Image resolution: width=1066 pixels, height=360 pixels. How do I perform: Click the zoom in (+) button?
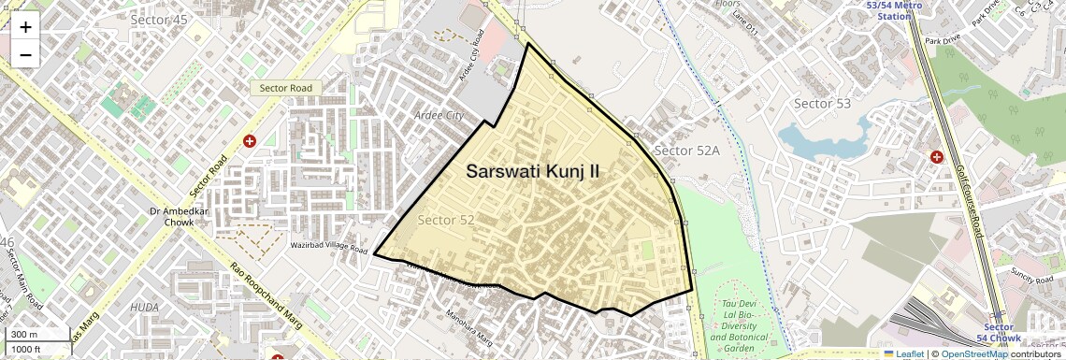pyautogui.click(x=25, y=27)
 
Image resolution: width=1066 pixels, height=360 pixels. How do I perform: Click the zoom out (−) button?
pyautogui.click(x=25, y=55)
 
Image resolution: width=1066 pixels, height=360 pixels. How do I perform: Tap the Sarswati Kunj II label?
pyautogui.click(x=533, y=172)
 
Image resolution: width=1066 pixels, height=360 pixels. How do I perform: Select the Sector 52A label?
pyautogui.click(x=687, y=151)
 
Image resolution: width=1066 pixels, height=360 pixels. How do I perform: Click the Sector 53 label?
pyautogui.click(x=822, y=103)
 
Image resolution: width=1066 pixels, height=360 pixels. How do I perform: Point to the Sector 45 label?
pyautogui.click(x=159, y=19)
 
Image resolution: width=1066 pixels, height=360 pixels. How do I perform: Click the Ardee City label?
pyautogui.click(x=439, y=115)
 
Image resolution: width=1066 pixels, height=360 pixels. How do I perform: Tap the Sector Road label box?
pyautogui.click(x=285, y=88)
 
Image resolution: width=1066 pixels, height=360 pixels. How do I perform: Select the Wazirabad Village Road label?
pyautogui.click(x=329, y=248)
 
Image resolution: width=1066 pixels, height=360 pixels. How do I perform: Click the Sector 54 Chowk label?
pyautogui.click(x=999, y=332)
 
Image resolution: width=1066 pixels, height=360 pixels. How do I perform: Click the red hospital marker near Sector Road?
pyautogui.click(x=250, y=141)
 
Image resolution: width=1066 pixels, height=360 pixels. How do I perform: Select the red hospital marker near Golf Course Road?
pyautogui.click(x=936, y=156)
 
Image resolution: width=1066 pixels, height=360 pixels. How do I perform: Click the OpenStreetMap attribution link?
pyautogui.click(x=973, y=353)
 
